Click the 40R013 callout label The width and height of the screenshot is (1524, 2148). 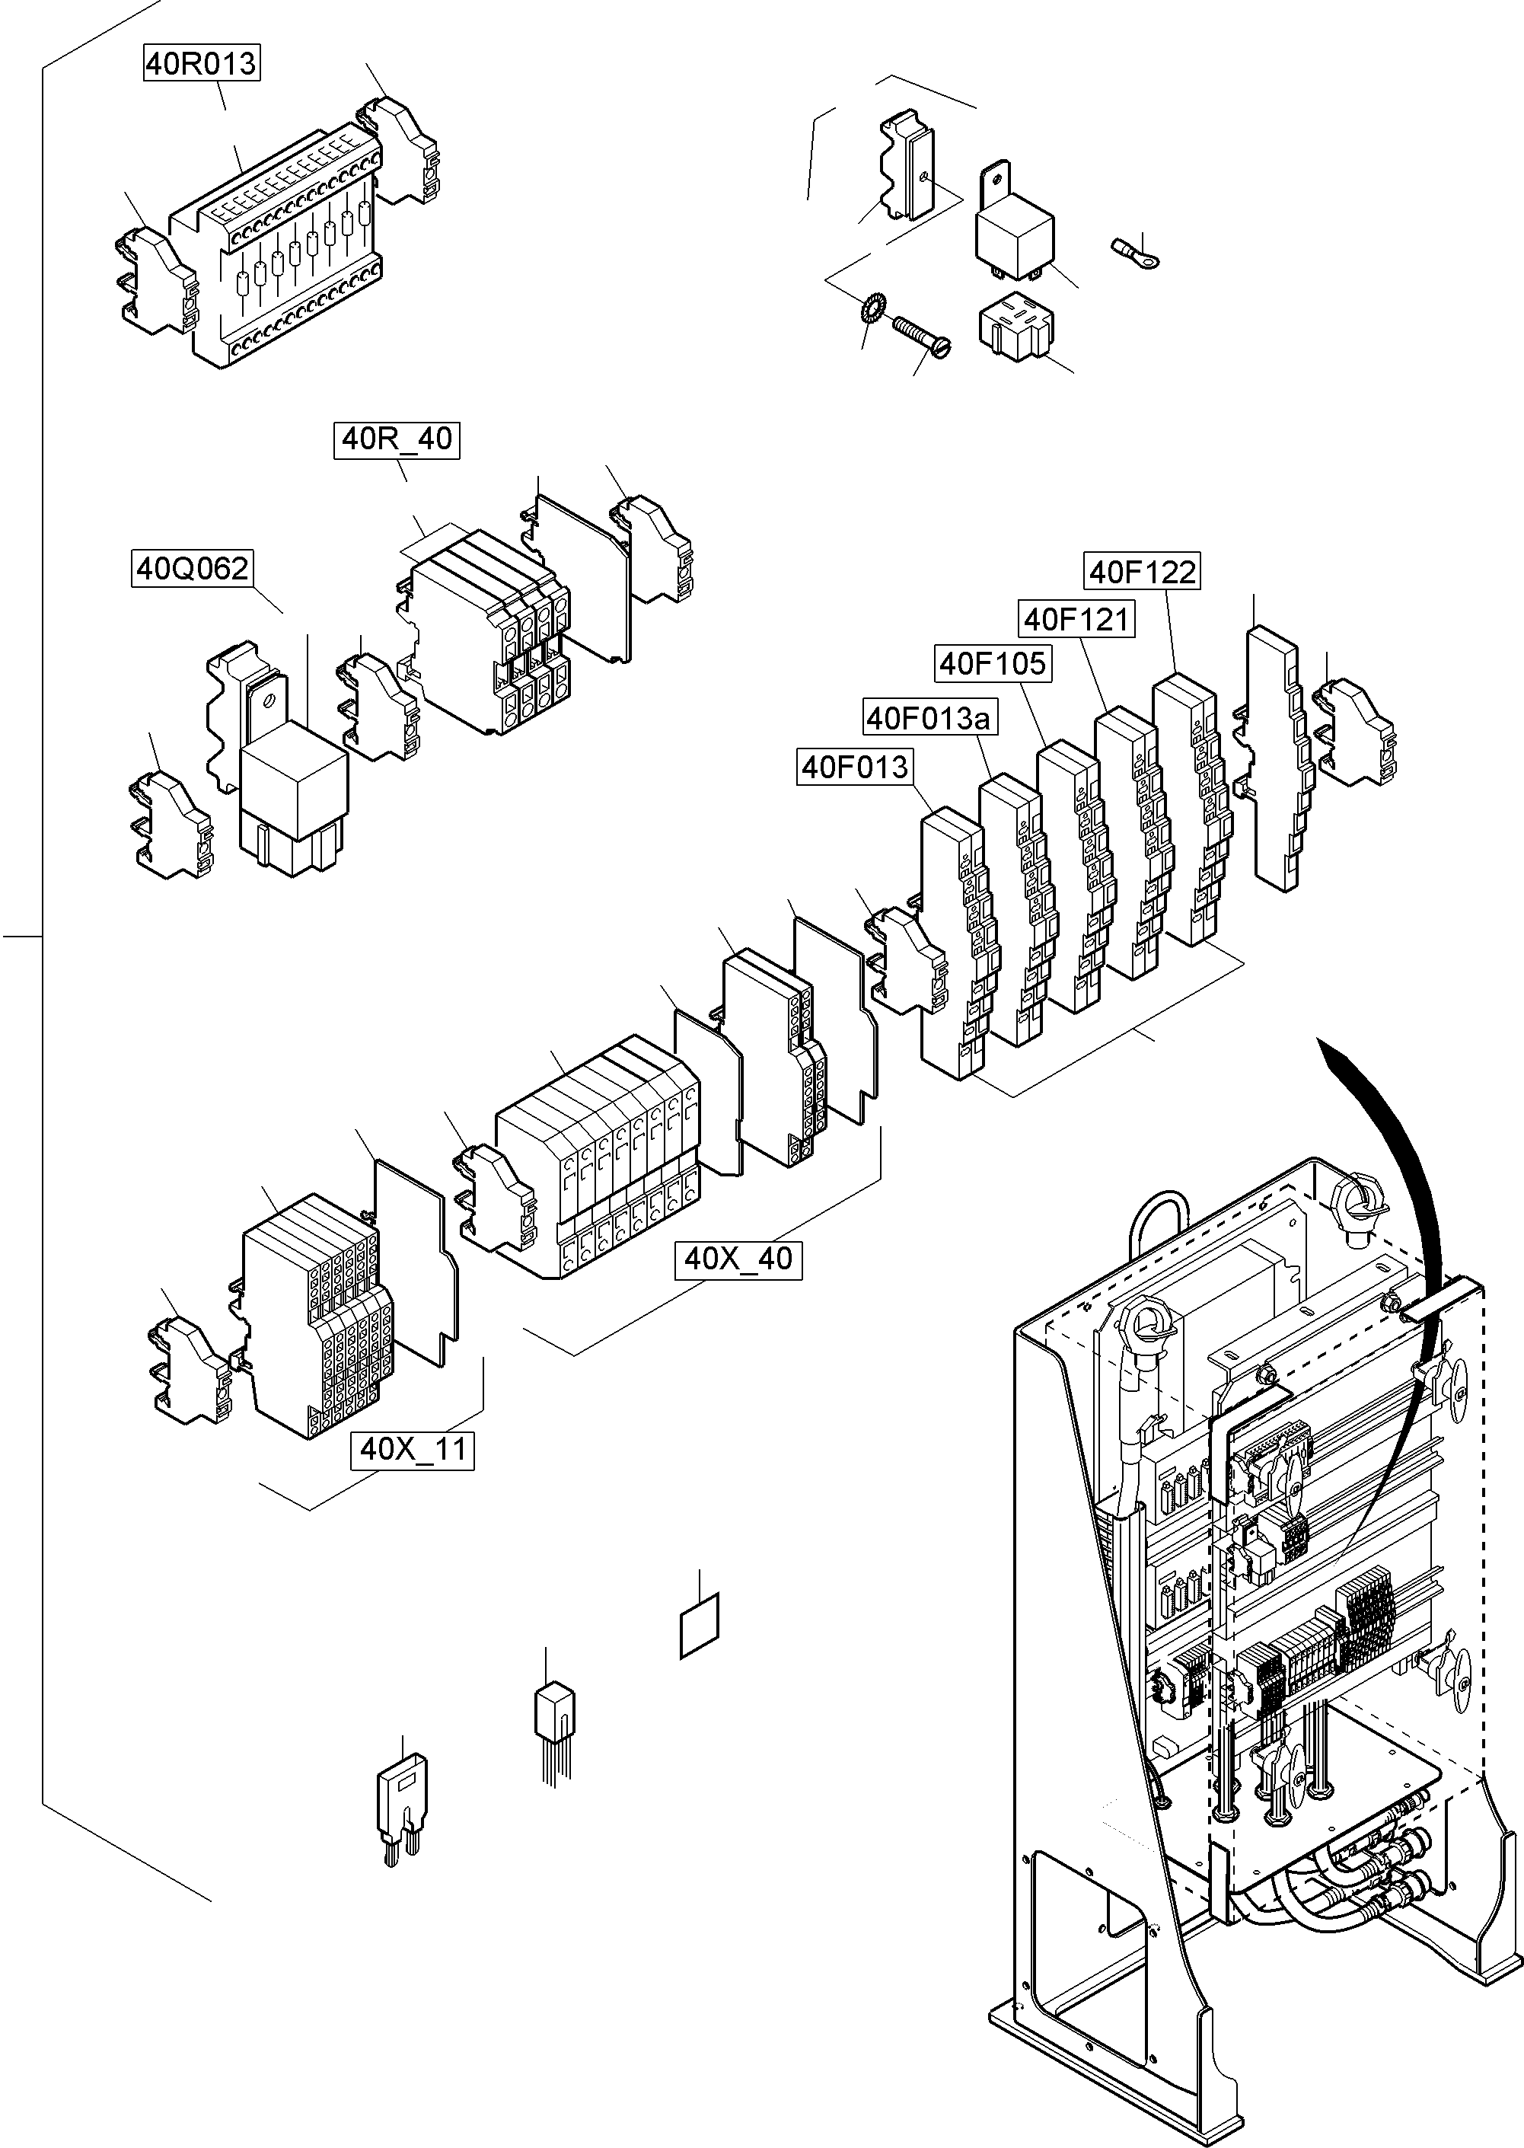pos(201,64)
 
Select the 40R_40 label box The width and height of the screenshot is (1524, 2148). pos(396,439)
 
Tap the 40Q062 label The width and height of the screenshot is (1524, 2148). pos(193,569)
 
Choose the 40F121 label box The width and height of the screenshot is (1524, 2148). pos(1076,619)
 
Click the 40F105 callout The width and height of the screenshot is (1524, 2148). pos(992,663)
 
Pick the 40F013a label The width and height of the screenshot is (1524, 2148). pos(928,719)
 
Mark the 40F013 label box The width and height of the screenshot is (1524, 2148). pos(854,767)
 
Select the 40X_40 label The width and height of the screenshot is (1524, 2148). pos(738,1259)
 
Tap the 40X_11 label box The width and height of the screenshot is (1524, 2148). pos(413,1449)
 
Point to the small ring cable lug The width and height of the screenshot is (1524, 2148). pos(1134,251)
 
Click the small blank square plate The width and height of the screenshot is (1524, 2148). pos(699,1624)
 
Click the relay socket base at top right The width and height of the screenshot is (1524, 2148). pos(1015,328)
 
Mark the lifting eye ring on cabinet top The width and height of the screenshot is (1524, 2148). pos(1358,1204)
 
